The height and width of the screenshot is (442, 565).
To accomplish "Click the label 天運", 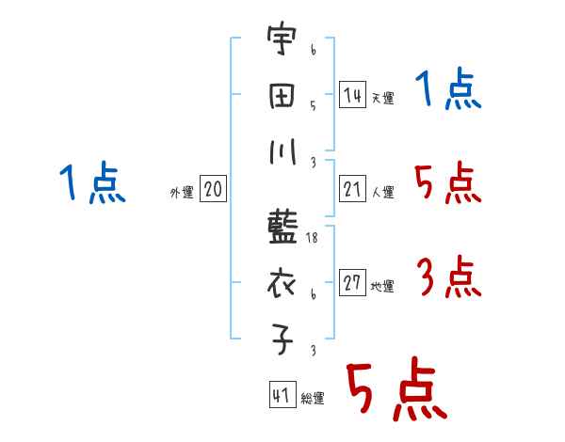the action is point(382,98).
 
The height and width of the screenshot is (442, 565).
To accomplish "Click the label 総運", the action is point(313,399).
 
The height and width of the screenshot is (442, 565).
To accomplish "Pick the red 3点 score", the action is point(448,278).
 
